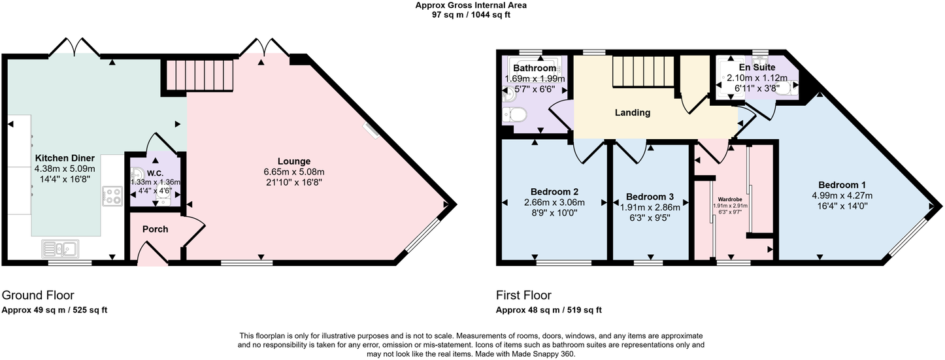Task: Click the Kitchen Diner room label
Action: pos(65,158)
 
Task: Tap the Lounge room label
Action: pos(293,161)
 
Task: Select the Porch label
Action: pos(155,229)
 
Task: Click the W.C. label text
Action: pos(154,173)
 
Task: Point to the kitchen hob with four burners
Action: pos(111,195)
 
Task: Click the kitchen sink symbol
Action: pos(60,248)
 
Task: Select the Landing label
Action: pos(632,112)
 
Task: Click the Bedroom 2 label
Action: pos(554,192)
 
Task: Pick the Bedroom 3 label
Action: pos(650,197)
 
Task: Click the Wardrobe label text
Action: pos(729,199)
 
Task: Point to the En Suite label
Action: pos(756,67)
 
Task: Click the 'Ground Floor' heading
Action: pos(38,295)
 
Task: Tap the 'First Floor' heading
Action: pos(523,295)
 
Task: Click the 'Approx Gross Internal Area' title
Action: pos(471,5)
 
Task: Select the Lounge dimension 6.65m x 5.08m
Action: pos(293,172)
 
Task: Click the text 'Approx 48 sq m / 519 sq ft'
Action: pos(548,310)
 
